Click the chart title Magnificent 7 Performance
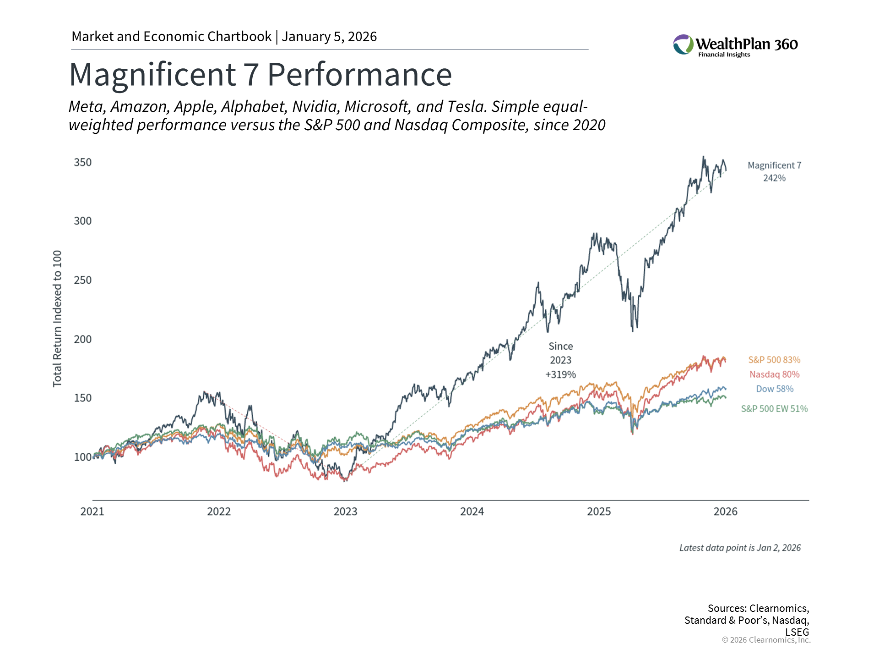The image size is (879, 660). pos(260,74)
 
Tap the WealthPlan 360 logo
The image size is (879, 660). pos(735,45)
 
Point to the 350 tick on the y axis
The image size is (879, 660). pos(83,162)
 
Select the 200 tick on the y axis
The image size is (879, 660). pos(83,339)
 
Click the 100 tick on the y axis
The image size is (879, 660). pos(83,457)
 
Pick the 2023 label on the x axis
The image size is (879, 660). pos(345,511)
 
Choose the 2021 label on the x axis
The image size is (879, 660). pos(92,511)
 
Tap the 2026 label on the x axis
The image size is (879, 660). pos(725,511)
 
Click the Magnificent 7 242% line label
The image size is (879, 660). pos(774,171)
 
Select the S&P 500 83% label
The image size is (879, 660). pos(774,360)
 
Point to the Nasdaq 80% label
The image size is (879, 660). pos(774,374)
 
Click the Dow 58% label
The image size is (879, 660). pos(774,389)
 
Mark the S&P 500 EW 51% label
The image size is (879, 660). pos(774,408)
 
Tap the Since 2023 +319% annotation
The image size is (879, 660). pos(560,360)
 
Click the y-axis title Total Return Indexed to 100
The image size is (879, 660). pos(57,319)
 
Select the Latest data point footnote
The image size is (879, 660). pos(740,548)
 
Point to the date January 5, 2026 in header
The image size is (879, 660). pos(329,37)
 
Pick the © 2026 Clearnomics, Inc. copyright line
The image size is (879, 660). pos(766,640)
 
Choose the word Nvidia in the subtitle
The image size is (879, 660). pos(316,106)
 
